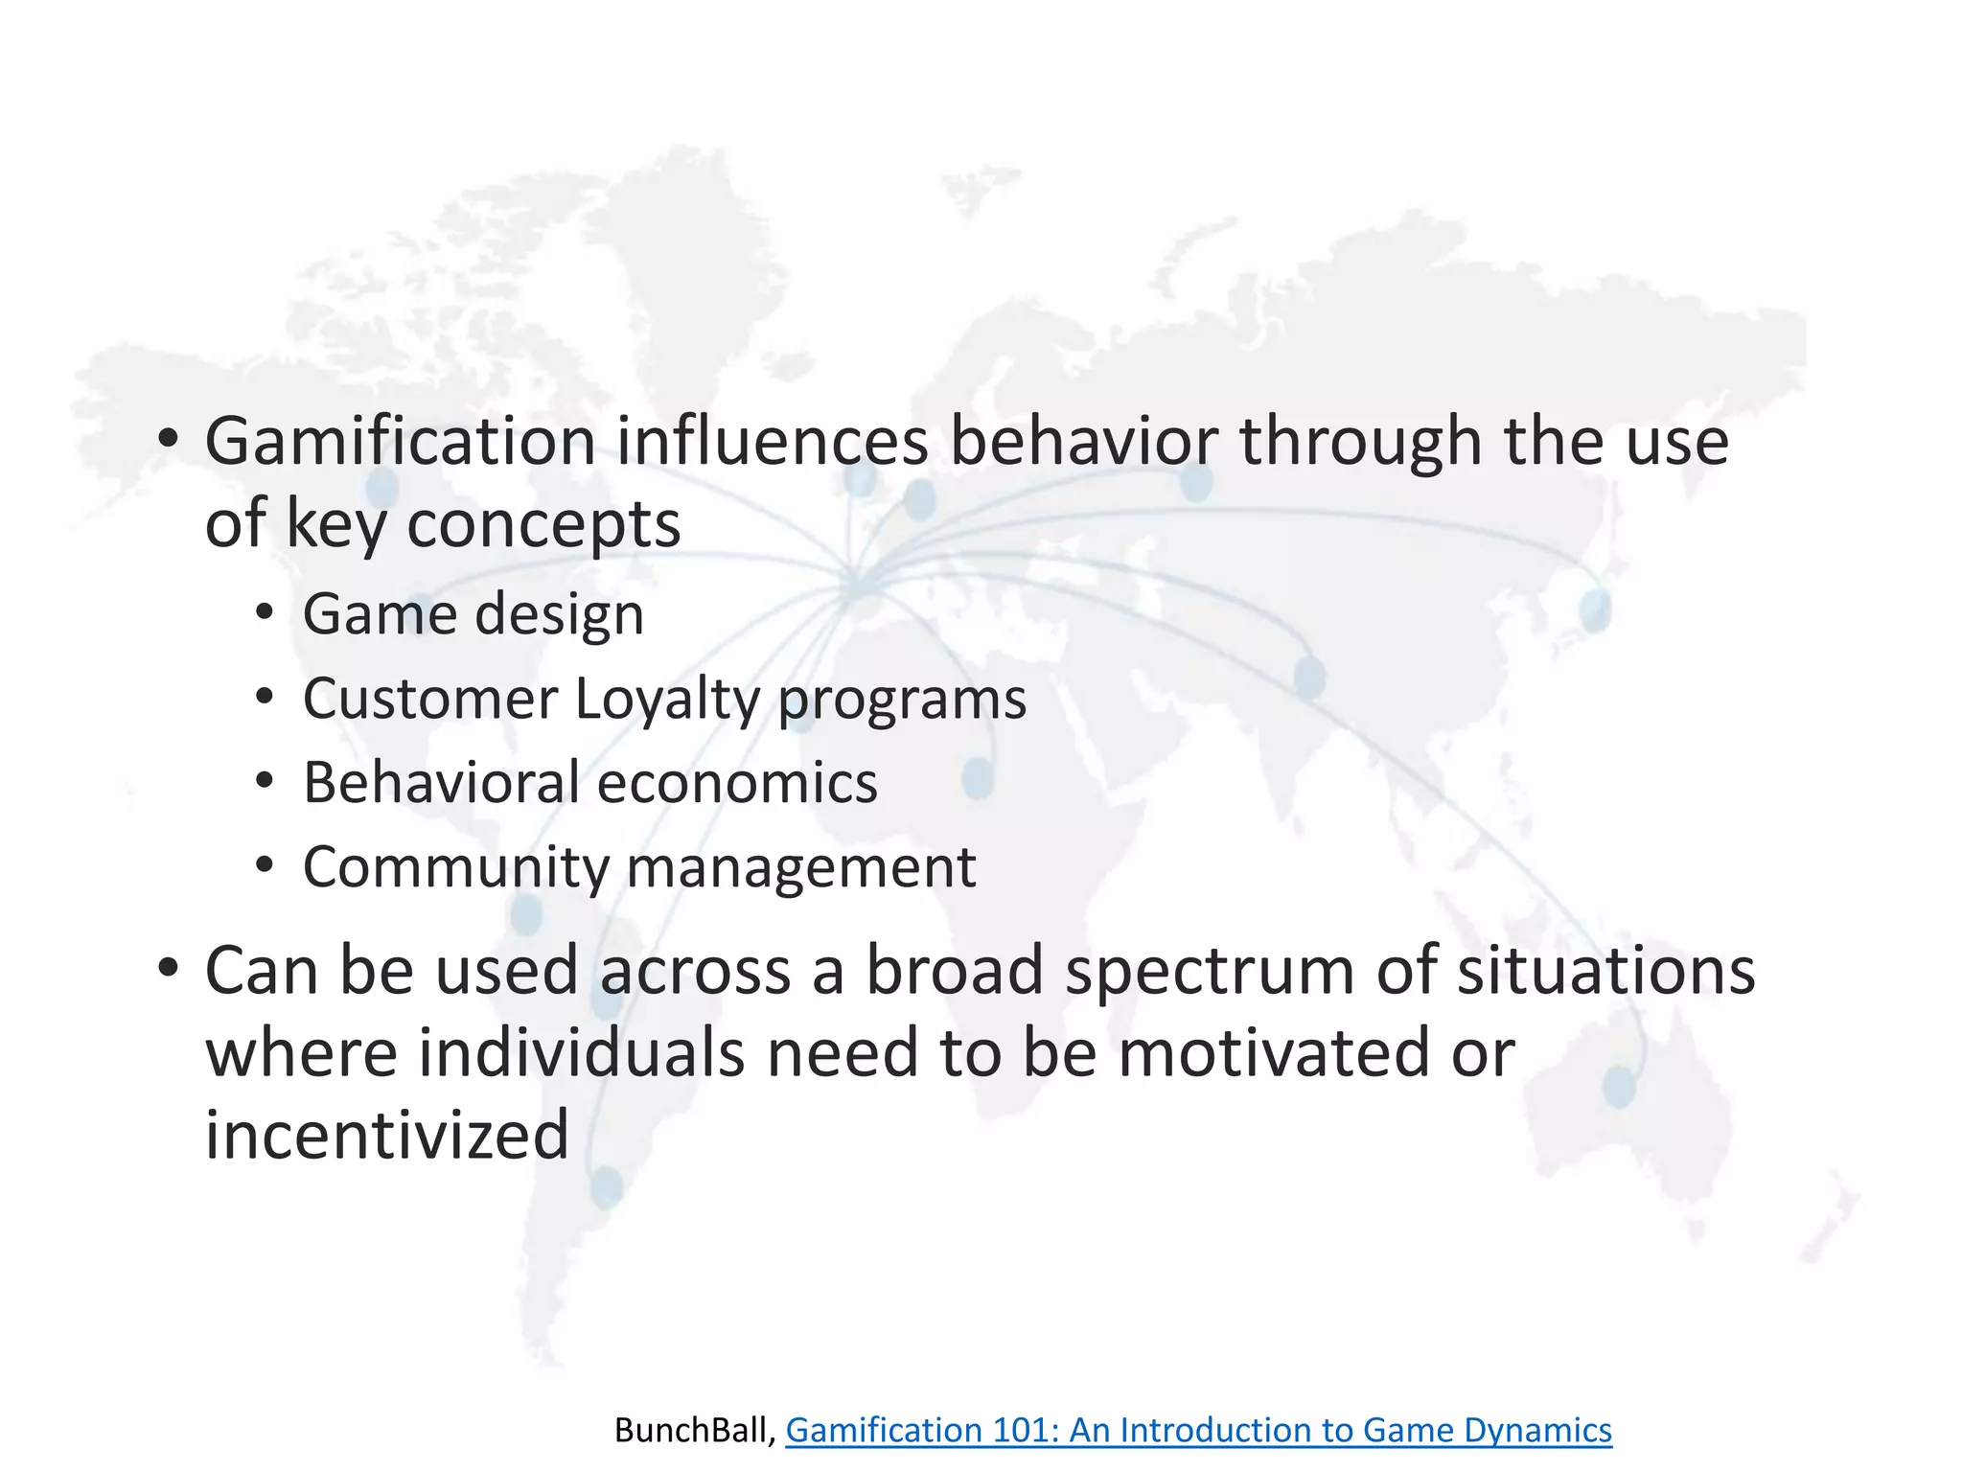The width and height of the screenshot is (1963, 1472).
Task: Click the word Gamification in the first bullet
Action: (x=401, y=443)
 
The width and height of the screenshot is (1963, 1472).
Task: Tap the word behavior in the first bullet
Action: (x=1083, y=443)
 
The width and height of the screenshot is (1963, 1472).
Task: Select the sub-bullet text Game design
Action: (x=473, y=614)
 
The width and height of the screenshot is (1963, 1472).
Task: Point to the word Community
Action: (x=456, y=867)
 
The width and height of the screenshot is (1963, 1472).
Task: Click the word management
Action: (x=801, y=867)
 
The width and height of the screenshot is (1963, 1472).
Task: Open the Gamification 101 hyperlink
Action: (x=1198, y=1430)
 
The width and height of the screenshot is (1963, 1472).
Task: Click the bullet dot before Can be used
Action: (x=169, y=968)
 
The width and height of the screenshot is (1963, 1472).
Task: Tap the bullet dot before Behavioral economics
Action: (x=265, y=781)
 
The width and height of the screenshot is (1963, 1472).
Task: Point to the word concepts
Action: (x=543, y=525)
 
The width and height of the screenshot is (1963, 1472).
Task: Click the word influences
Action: (x=772, y=443)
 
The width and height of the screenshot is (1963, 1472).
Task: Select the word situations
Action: (x=1606, y=972)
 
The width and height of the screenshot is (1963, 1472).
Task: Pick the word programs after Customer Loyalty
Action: (x=902, y=699)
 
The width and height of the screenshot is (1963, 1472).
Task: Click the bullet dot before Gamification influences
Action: (x=169, y=439)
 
